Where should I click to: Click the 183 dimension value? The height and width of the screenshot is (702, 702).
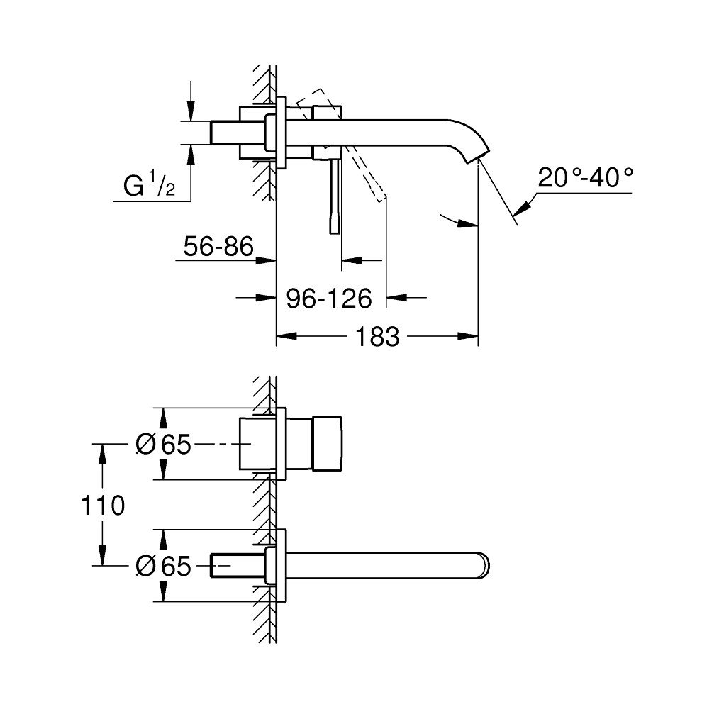tap(377, 336)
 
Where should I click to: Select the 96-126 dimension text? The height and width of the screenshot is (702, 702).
tap(329, 298)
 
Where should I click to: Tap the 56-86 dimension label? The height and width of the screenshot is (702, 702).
tap(218, 246)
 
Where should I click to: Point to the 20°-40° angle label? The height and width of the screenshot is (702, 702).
tap(585, 177)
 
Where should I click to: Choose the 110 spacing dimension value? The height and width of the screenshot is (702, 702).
tap(103, 506)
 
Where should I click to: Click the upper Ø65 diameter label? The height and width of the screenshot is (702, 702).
tap(163, 444)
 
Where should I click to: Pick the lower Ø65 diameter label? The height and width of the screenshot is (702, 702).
tap(163, 566)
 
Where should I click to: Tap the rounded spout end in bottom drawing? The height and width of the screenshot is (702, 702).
tap(484, 565)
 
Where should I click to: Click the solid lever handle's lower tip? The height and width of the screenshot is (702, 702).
tap(335, 233)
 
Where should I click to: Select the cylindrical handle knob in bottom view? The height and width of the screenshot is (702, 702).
tap(327, 444)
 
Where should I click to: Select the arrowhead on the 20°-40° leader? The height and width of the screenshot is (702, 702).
tap(522, 209)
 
